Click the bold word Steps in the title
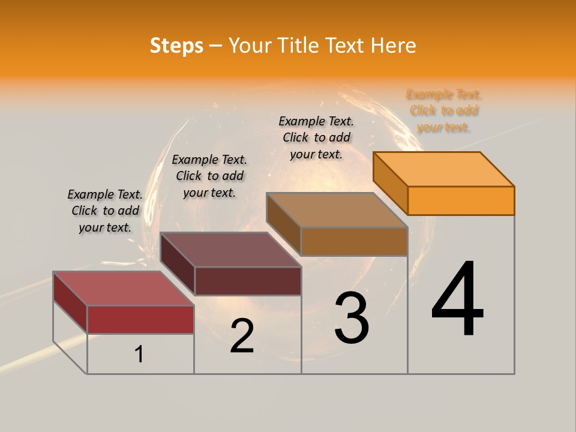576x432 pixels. click(176, 46)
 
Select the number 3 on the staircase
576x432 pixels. click(352, 317)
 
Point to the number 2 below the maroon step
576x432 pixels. click(242, 336)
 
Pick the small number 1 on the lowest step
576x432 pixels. click(139, 355)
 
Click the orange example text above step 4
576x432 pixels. click(443, 110)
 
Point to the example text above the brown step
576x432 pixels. click(316, 137)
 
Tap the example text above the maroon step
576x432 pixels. click(209, 176)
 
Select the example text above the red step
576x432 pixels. click(105, 211)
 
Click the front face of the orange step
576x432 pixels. click(461, 200)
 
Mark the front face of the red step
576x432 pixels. click(140, 319)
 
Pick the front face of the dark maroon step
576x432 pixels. click(248, 281)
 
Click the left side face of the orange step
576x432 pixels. click(390, 182)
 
